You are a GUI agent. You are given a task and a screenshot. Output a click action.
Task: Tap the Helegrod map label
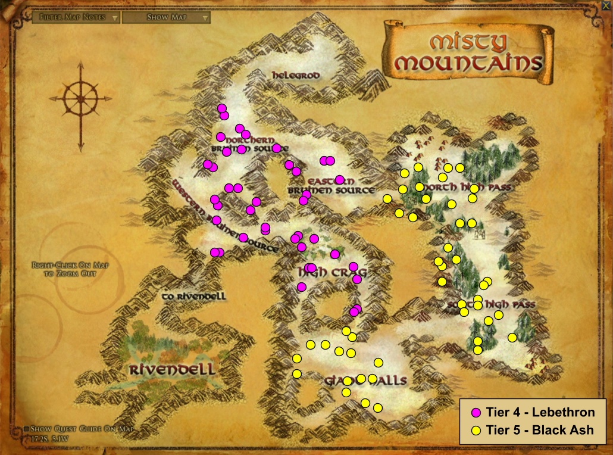[296, 76]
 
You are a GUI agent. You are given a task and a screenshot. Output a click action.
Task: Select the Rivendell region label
[172, 369]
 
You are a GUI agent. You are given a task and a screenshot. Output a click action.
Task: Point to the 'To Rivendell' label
[194, 295]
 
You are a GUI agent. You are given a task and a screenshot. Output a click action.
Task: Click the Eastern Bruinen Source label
[331, 185]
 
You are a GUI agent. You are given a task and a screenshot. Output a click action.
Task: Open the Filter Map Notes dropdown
[76, 17]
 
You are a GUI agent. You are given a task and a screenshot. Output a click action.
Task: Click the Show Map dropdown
[166, 17]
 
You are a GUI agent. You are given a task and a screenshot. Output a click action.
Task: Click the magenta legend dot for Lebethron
[476, 412]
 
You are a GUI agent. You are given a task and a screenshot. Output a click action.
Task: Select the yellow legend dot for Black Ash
[476, 430]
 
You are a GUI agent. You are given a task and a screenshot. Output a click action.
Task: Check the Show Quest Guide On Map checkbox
[27, 429]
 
